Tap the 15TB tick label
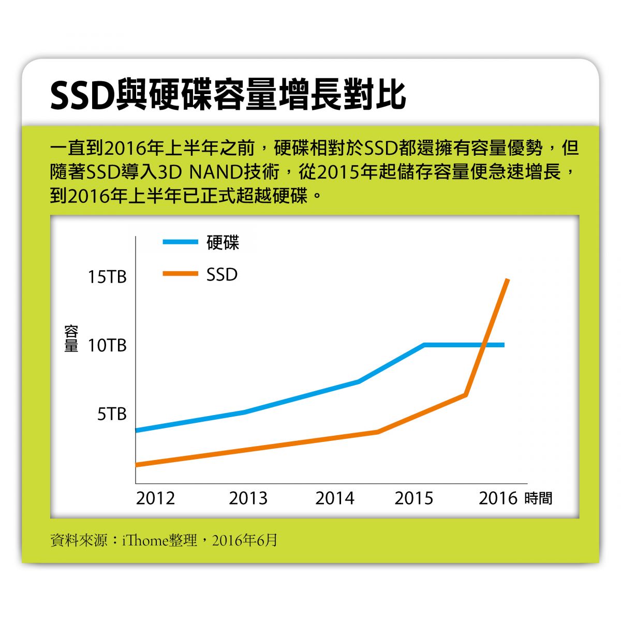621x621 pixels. pos(107,277)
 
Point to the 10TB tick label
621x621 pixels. pos(107,345)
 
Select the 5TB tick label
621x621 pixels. pos(112,414)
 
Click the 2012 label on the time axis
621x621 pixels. pos(155,498)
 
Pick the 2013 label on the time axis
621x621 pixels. pos(248,498)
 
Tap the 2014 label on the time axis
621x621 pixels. pos(335,498)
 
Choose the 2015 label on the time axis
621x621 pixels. pos(413,498)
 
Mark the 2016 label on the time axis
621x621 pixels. pos(498,498)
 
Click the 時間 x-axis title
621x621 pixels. pos(538,498)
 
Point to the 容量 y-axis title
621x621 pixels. pos(71,339)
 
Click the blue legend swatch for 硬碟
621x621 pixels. pos(180,242)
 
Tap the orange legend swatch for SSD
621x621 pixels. pos(180,274)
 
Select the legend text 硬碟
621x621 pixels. pos(223,242)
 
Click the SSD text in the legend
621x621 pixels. pos(222,274)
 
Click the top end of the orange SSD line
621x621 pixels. pos(508,280)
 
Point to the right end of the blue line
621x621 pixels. pos(503,345)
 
